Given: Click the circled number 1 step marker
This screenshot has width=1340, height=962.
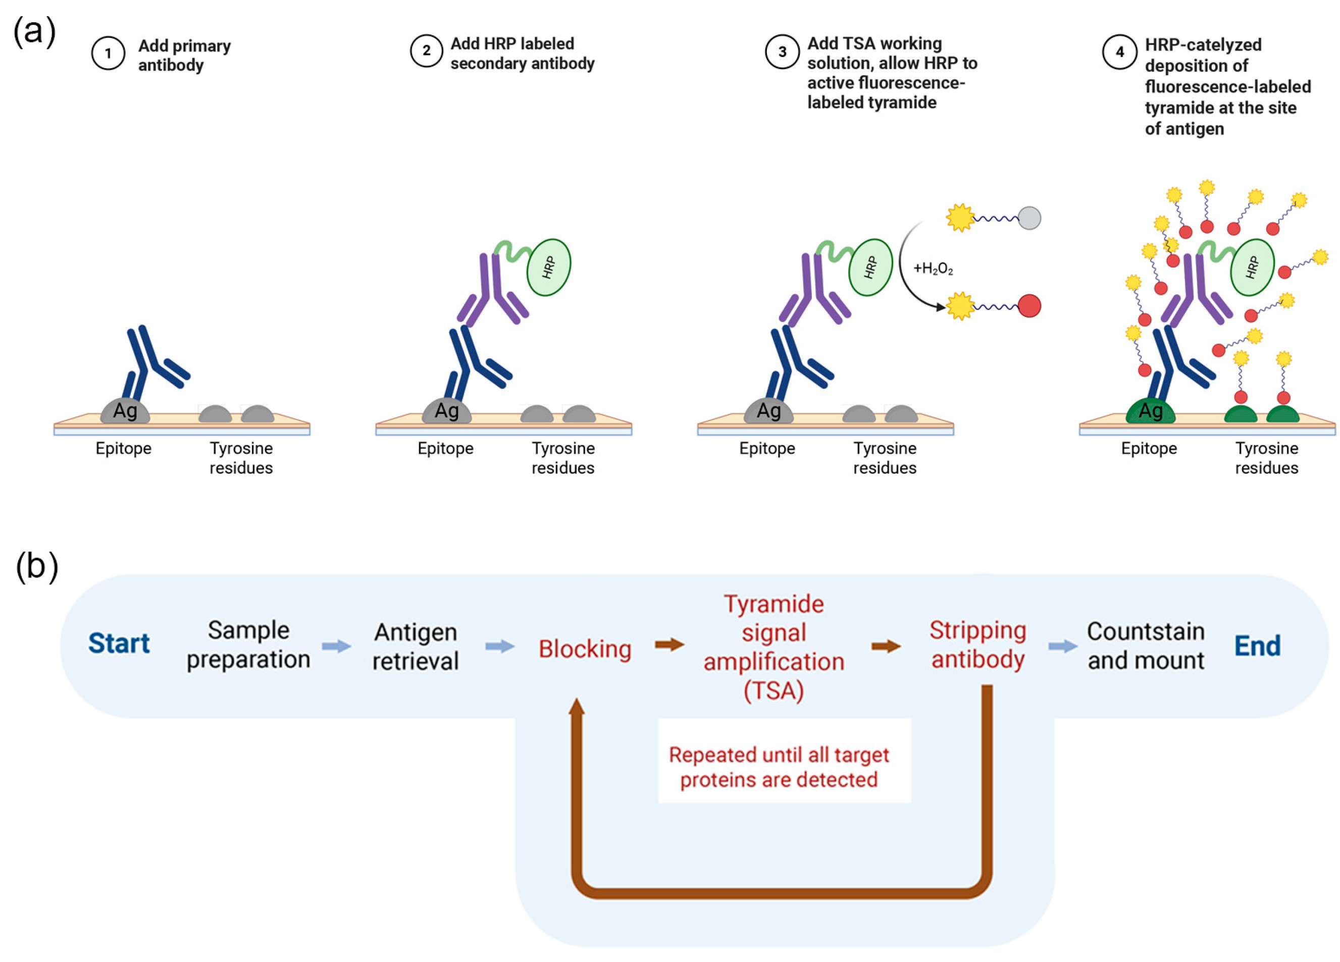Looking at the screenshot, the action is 108,53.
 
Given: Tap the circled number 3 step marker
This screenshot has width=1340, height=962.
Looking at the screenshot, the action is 782,52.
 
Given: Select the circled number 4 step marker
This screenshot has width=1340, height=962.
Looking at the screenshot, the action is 1119,52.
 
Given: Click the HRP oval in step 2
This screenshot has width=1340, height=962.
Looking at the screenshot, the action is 548,267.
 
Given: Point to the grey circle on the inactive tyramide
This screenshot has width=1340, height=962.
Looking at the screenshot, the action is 1029,218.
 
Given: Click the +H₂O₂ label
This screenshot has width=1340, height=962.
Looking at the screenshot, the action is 933,269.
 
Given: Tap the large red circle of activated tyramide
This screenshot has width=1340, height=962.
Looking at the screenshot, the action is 1029,306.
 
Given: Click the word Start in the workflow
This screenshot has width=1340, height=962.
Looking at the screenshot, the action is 119,643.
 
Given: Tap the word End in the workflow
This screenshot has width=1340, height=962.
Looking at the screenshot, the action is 1257,646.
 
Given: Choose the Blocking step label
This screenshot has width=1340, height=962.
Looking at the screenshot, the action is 585,649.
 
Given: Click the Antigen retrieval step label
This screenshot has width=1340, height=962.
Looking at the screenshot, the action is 416,647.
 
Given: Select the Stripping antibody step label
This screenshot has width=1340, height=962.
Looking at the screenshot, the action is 978,645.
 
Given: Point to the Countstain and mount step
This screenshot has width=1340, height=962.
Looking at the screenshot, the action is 1146,646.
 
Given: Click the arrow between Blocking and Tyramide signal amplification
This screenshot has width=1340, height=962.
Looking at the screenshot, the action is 669,645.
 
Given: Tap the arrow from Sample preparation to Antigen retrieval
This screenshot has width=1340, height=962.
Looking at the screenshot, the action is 337,646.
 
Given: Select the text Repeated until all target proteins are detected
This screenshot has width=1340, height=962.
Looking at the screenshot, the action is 779,767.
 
